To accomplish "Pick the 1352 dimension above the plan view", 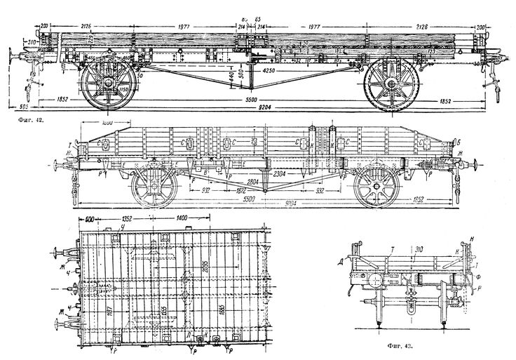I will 128,218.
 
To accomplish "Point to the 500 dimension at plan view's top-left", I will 89,218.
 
